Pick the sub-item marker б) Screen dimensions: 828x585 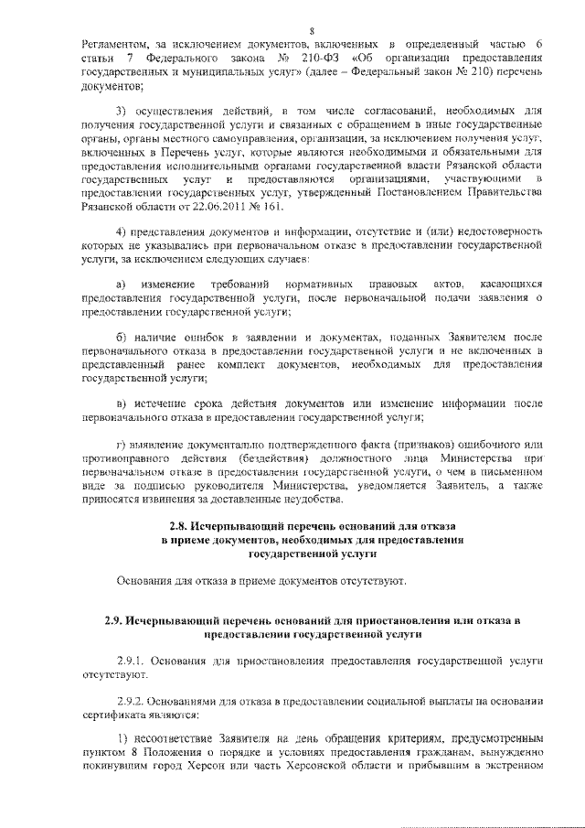tap(122, 339)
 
